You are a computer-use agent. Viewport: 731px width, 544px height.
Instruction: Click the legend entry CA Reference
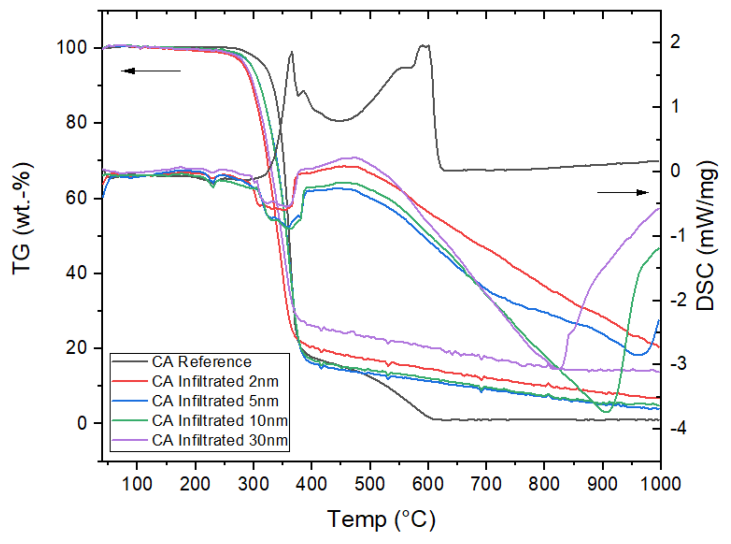[x=201, y=362]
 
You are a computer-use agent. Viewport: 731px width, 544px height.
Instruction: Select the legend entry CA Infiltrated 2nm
[x=215, y=381]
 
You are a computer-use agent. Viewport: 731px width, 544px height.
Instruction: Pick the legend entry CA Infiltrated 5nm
[x=215, y=401]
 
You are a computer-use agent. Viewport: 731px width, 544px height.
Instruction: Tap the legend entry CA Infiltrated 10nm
[x=220, y=421]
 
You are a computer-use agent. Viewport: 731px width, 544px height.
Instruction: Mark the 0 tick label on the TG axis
[x=82, y=423]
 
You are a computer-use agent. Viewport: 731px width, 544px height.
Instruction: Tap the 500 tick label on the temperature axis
[x=370, y=484]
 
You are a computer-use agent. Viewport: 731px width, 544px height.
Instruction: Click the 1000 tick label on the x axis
[x=661, y=484]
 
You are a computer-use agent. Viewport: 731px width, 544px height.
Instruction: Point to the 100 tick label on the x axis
[x=137, y=484]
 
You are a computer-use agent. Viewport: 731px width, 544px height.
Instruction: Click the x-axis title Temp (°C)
[x=381, y=519]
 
